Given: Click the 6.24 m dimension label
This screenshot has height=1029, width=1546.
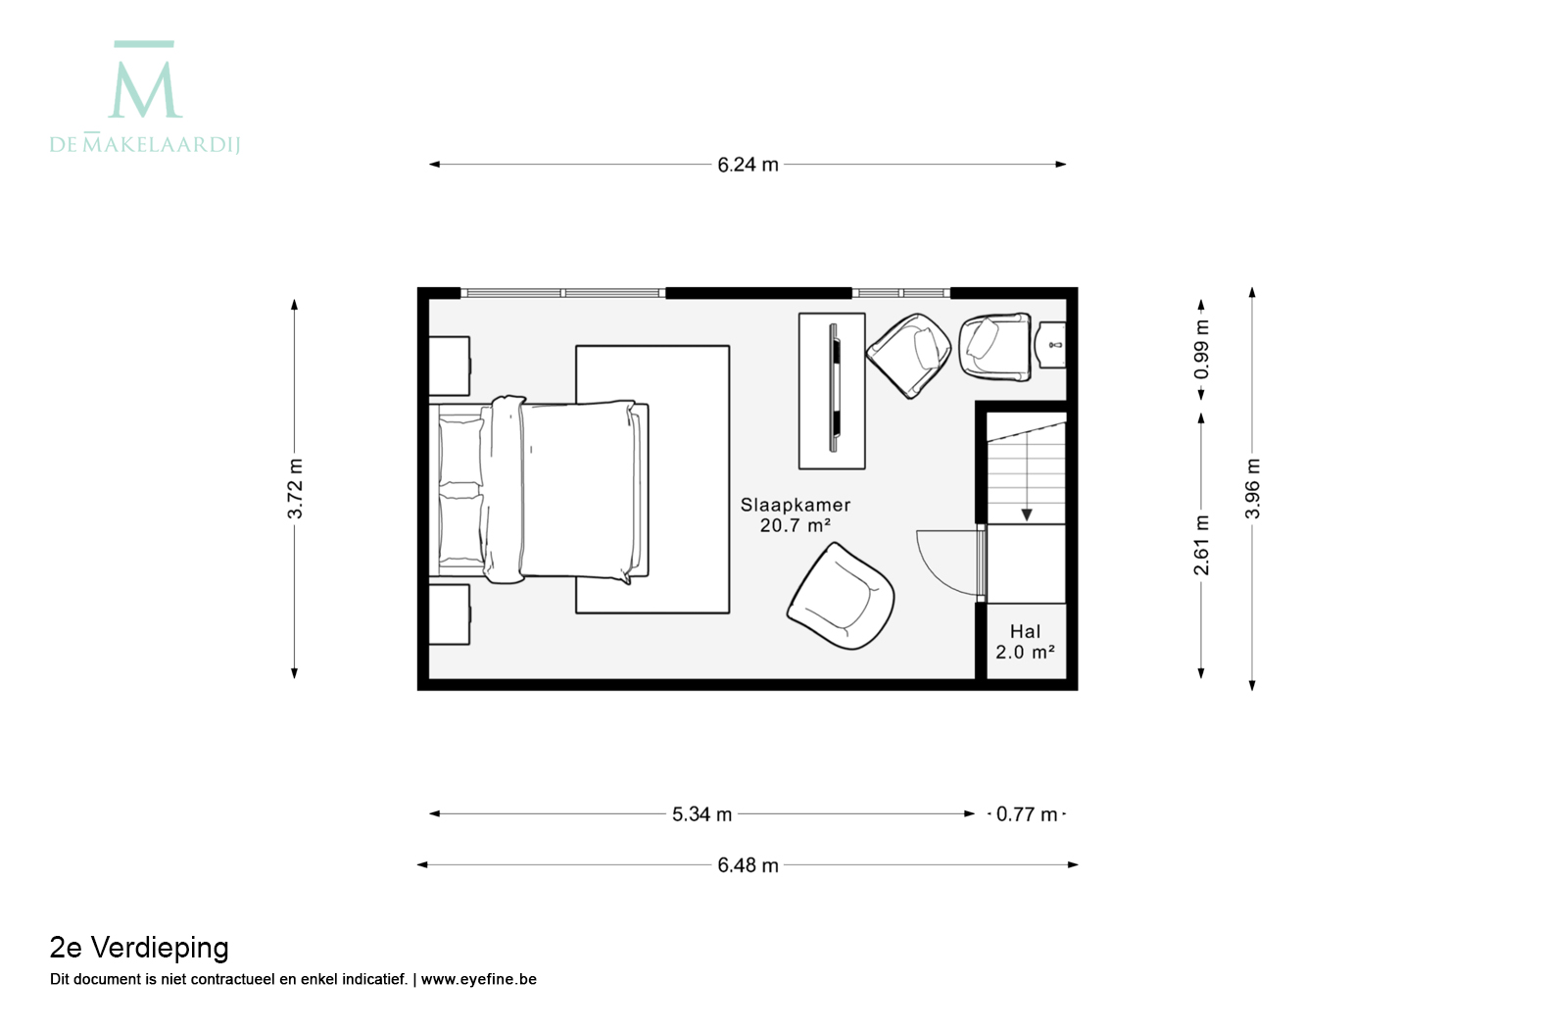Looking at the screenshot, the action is point(748,165).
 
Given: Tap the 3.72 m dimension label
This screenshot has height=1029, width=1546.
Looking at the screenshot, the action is point(295,488).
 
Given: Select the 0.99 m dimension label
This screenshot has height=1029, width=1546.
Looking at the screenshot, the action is point(1201,350).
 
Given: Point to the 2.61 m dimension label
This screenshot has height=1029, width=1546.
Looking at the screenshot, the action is point(1201,546).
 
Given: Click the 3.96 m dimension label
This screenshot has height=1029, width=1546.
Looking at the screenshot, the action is point(1252,489).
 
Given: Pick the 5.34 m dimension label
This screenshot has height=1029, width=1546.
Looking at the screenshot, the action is point(701,815).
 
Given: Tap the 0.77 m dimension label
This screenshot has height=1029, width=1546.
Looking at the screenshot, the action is point(1027,815).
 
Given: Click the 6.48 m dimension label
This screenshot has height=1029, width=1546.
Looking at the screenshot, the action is point(748,865).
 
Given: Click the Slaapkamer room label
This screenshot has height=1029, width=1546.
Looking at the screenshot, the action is point(796,505).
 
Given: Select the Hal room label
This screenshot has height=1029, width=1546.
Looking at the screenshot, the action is point(1025,631).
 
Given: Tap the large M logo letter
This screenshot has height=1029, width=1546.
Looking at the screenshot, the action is point(145,89).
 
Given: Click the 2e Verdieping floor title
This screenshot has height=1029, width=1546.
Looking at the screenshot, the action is point(139,949).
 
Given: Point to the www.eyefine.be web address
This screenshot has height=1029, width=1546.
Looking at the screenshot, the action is point(478,979).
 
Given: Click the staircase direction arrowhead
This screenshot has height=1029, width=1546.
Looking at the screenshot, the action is point(1027,515).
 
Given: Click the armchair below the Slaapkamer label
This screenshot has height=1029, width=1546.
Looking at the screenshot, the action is point(841,596).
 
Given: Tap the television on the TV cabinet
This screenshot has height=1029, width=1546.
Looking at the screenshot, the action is point(835,387).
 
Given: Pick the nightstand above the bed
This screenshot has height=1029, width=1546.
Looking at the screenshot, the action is point(450,366).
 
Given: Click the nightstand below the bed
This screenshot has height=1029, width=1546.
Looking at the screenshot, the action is point(450,614).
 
